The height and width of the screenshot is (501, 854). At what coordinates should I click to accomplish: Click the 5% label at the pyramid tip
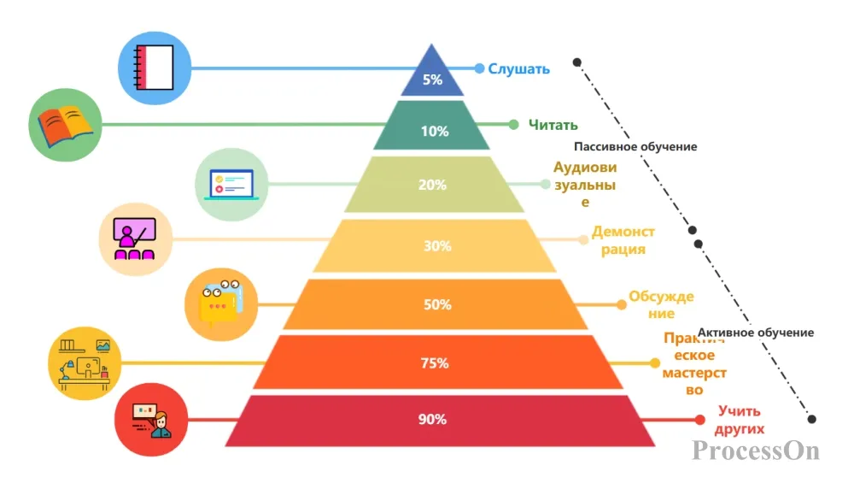pos(432,80)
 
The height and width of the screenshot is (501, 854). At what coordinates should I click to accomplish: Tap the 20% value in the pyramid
pos(432,185)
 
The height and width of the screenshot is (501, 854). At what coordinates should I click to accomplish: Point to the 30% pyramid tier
pos(435,245)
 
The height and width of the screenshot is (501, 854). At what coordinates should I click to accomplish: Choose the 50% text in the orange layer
pos(437,304)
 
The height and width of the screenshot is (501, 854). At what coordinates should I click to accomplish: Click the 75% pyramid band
pos(438,362)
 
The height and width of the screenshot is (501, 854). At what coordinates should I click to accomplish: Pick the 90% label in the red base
pos(432,419)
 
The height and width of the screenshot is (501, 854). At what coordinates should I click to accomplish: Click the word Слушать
pos(518,69)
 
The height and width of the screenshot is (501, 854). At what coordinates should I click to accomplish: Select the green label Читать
pos(553,125)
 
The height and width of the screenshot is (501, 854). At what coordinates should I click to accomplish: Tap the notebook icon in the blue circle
pos(154,68)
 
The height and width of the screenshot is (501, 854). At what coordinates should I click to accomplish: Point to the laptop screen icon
pos(231,185)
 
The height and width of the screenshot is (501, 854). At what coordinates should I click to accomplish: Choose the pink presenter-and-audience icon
pos(135,239)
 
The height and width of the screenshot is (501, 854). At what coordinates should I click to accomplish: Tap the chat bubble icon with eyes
pos(220,304)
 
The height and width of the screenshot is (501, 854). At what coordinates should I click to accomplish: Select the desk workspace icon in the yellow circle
pos(85,364)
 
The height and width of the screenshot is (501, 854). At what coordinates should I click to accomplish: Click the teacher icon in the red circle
pos(151,420)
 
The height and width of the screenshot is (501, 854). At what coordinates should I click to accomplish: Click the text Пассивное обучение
pos(635,147)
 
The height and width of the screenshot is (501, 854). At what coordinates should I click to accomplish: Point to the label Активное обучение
pos(756,333)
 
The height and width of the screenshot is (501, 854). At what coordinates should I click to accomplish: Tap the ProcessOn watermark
pos(756,451)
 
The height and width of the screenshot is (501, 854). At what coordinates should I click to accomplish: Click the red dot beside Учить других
pos(700,419)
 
